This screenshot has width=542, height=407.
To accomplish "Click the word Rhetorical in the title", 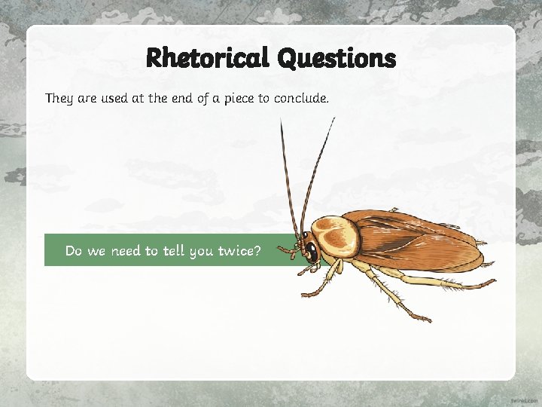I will (x=206, y=57).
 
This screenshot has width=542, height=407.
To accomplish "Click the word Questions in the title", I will (x=336, y=58).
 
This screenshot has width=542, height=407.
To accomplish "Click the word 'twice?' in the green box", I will (x=239, y=251).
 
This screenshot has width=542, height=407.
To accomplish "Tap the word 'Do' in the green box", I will (x=74, y=251).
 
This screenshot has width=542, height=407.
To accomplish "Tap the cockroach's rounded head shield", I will (x=335, y=234).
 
